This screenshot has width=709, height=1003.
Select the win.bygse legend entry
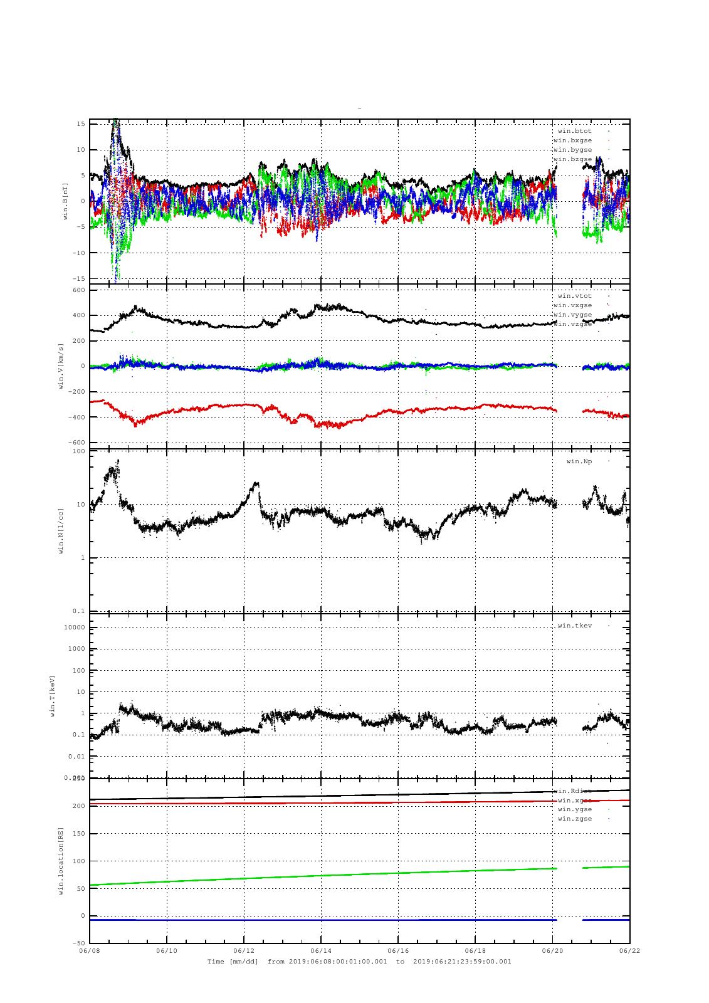click(573, 150)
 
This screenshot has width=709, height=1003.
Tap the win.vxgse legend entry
click(573, 305)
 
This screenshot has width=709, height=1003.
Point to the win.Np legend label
click(579, 461)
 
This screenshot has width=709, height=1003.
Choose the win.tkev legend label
click(575, 626)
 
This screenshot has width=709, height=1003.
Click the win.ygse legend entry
click(575, 809)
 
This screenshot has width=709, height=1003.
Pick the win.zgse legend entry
click(575, 819)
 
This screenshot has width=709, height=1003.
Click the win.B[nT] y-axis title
click(65, 201)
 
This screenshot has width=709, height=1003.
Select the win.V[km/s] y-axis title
click(61, 366)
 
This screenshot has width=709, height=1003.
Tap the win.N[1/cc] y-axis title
click(61, 531)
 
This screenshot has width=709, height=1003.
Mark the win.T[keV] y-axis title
click(54, 695)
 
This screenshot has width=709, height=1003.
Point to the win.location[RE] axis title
click(61, 860)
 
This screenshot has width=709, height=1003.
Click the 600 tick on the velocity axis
click(78, 290)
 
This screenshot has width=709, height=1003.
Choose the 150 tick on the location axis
click(78, 833)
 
